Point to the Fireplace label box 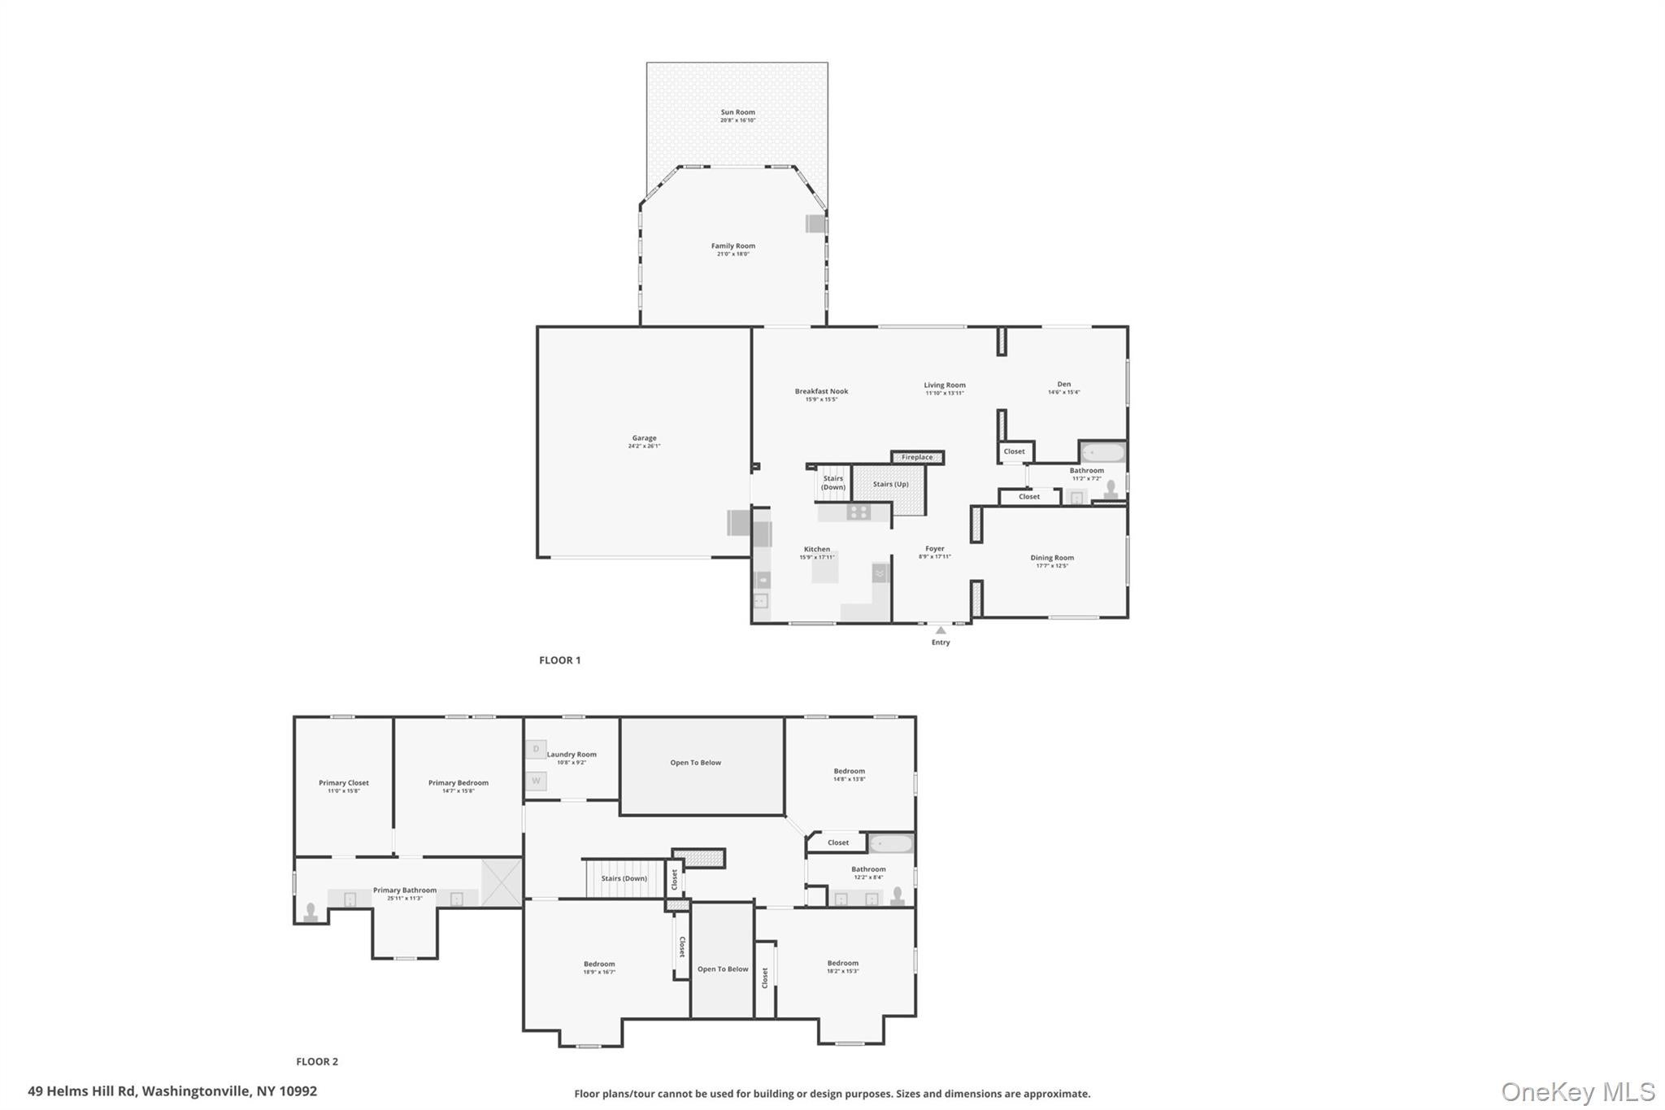[x=917, y=457]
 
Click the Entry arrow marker [x=941, y=630]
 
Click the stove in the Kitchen [x=858, y=511]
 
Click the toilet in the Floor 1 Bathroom [x=1111, y=488]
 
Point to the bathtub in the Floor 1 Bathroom [x=1103, y=452]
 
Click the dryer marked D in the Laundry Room [x=536, y=749]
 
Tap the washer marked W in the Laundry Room [x=536, y=781]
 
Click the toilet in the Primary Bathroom [x=310, y=912]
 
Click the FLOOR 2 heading [x=316, y=1061]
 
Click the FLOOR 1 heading [x=559, y=660]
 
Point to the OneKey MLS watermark [x=1577, y=1091]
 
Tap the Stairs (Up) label [x=890, y=484]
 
